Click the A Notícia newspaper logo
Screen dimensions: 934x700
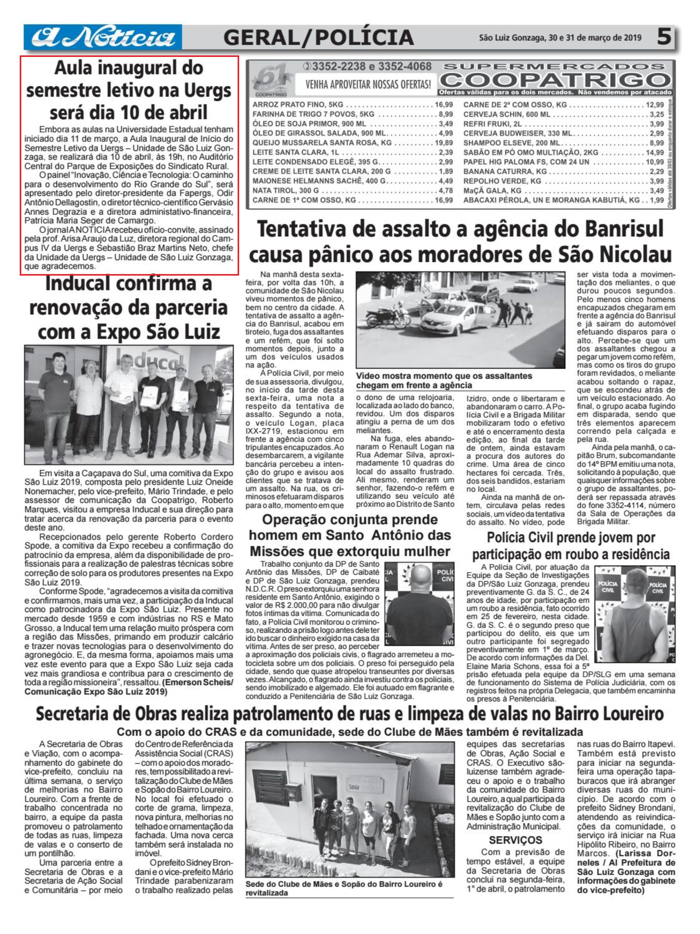(x=103, y=37)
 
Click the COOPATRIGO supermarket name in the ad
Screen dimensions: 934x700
(x=555, y=80)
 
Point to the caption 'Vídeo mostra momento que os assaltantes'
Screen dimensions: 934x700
(x=444, y=376)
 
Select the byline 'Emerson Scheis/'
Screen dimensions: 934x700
(x=198, y=683)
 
